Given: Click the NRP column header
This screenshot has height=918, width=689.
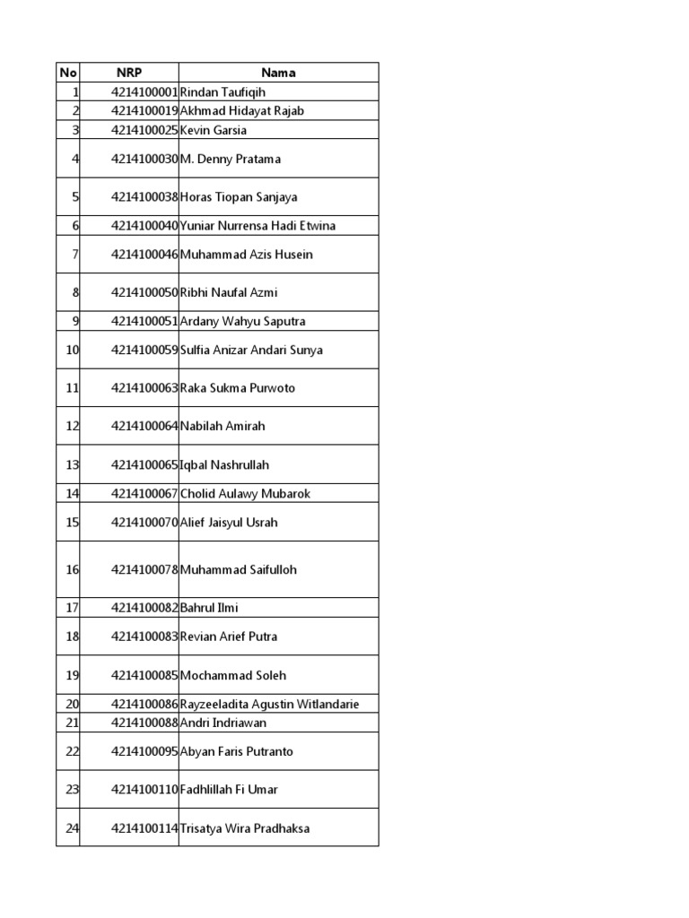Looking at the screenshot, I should [x=129, y=73].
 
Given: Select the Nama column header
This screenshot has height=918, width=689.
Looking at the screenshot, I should [x=278, y=73].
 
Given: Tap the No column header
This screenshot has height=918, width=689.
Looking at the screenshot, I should [x=67, y=73].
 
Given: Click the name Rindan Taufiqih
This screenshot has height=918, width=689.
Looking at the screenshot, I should [x=222, y=92].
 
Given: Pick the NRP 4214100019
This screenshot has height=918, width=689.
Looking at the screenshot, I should [x=144, y=111].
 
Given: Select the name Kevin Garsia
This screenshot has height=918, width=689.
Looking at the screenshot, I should [x=214, y=130].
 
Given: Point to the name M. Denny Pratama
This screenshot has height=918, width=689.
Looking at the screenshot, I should [x=231, y=159].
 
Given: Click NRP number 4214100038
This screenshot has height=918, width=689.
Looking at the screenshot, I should [x=144, y=197].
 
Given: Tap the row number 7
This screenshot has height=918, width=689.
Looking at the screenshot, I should [x=75, y=255].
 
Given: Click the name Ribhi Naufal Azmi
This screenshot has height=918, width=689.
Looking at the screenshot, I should [x=229, y=292].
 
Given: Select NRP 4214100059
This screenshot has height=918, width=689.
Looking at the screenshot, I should [x=144, y=351].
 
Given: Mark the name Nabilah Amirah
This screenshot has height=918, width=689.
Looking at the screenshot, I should [x=222, y=427].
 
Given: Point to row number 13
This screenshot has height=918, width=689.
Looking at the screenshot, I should [x=73, y=465].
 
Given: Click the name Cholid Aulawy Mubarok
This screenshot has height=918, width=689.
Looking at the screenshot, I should [x=245, y=494].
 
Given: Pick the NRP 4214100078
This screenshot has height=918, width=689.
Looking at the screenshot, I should [x=144, y=570].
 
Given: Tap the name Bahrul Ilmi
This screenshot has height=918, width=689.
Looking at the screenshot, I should [x=209, y=608].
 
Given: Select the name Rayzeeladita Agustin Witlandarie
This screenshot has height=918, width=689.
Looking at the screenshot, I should [x=269, y=705].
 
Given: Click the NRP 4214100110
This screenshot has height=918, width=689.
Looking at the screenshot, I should [x=144, y=790].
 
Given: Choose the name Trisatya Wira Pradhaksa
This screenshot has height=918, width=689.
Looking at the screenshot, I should [x=245, y=828].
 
